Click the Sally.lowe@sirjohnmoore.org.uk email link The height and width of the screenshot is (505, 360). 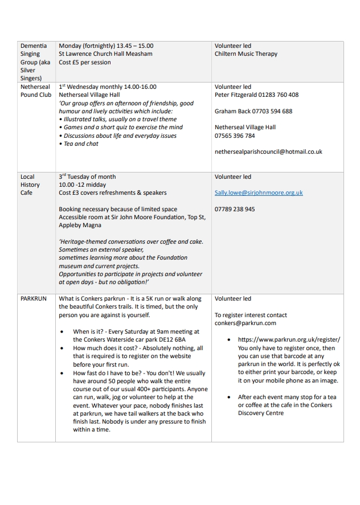(x=259, y=193)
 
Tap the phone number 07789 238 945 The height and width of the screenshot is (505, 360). (x=235, y=210)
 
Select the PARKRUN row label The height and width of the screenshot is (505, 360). (x=32, y=298)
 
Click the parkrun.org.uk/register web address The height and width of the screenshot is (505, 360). (x=289, y=339)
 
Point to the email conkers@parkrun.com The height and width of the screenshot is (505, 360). (x=246, y=323)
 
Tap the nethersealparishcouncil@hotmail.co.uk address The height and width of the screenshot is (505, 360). (x=268, y=152)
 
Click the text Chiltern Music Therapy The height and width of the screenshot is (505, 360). (x=246, y=54)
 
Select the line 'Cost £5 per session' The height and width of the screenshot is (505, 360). (x=85, y=62)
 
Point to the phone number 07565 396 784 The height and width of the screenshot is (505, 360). (x=235, y=136)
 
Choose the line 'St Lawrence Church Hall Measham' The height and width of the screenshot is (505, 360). (x=106, y=54)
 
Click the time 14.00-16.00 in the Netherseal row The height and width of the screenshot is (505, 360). (x=138, y=87)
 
